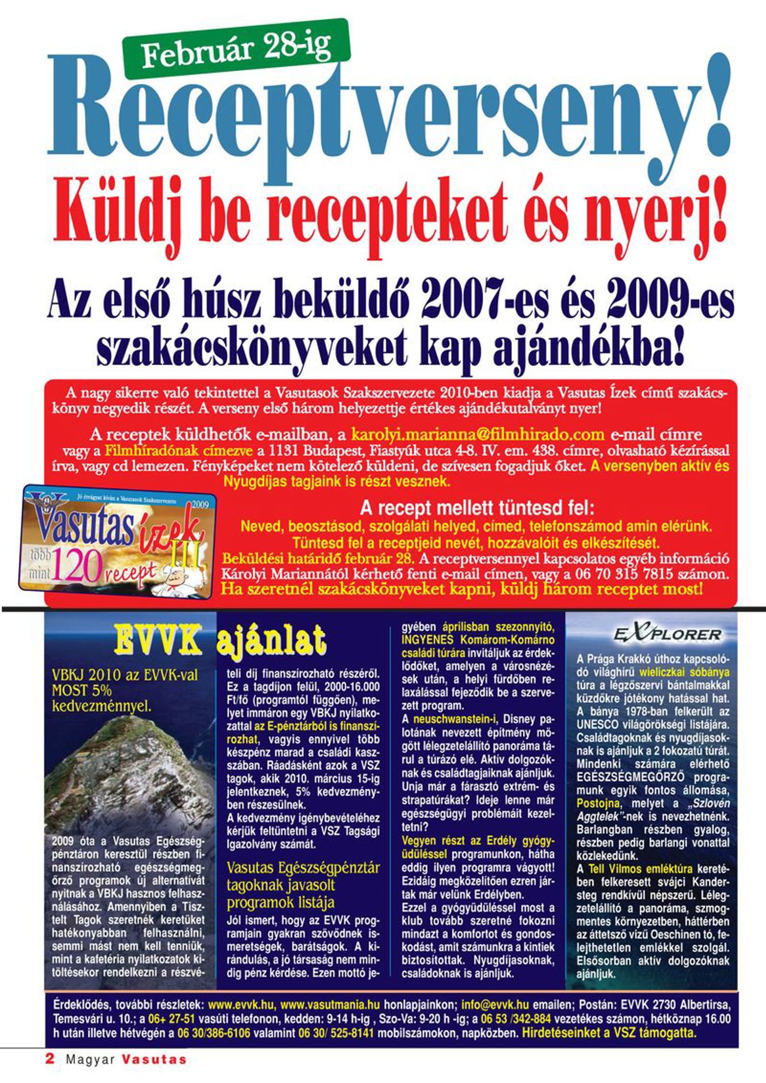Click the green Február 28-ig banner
coord(236,50)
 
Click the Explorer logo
coord(667,635)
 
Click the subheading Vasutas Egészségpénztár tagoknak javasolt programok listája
coord(303,885)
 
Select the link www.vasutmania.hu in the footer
coord(330,1005)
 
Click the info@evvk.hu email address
coord(495,1005)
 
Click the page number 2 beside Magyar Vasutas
coord(50,1058)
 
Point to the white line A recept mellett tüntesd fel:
coord(477,508)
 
